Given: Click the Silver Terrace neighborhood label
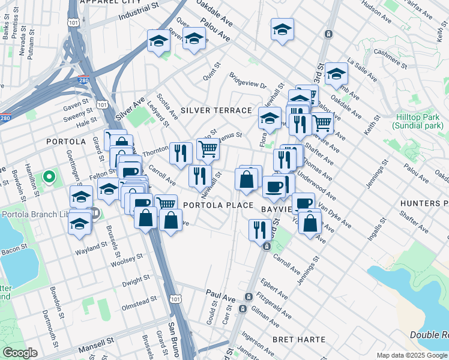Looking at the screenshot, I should tap(216, 110).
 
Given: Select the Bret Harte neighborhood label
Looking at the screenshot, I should tap(299, 339).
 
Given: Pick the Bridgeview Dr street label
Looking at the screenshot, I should tap(247, 81).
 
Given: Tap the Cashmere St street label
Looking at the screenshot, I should tap(406, 53).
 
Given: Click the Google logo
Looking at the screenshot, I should tap(19, 352).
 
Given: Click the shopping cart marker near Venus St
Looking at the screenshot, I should tap(208, 148).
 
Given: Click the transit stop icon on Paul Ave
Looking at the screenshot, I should tap(248, 296).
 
